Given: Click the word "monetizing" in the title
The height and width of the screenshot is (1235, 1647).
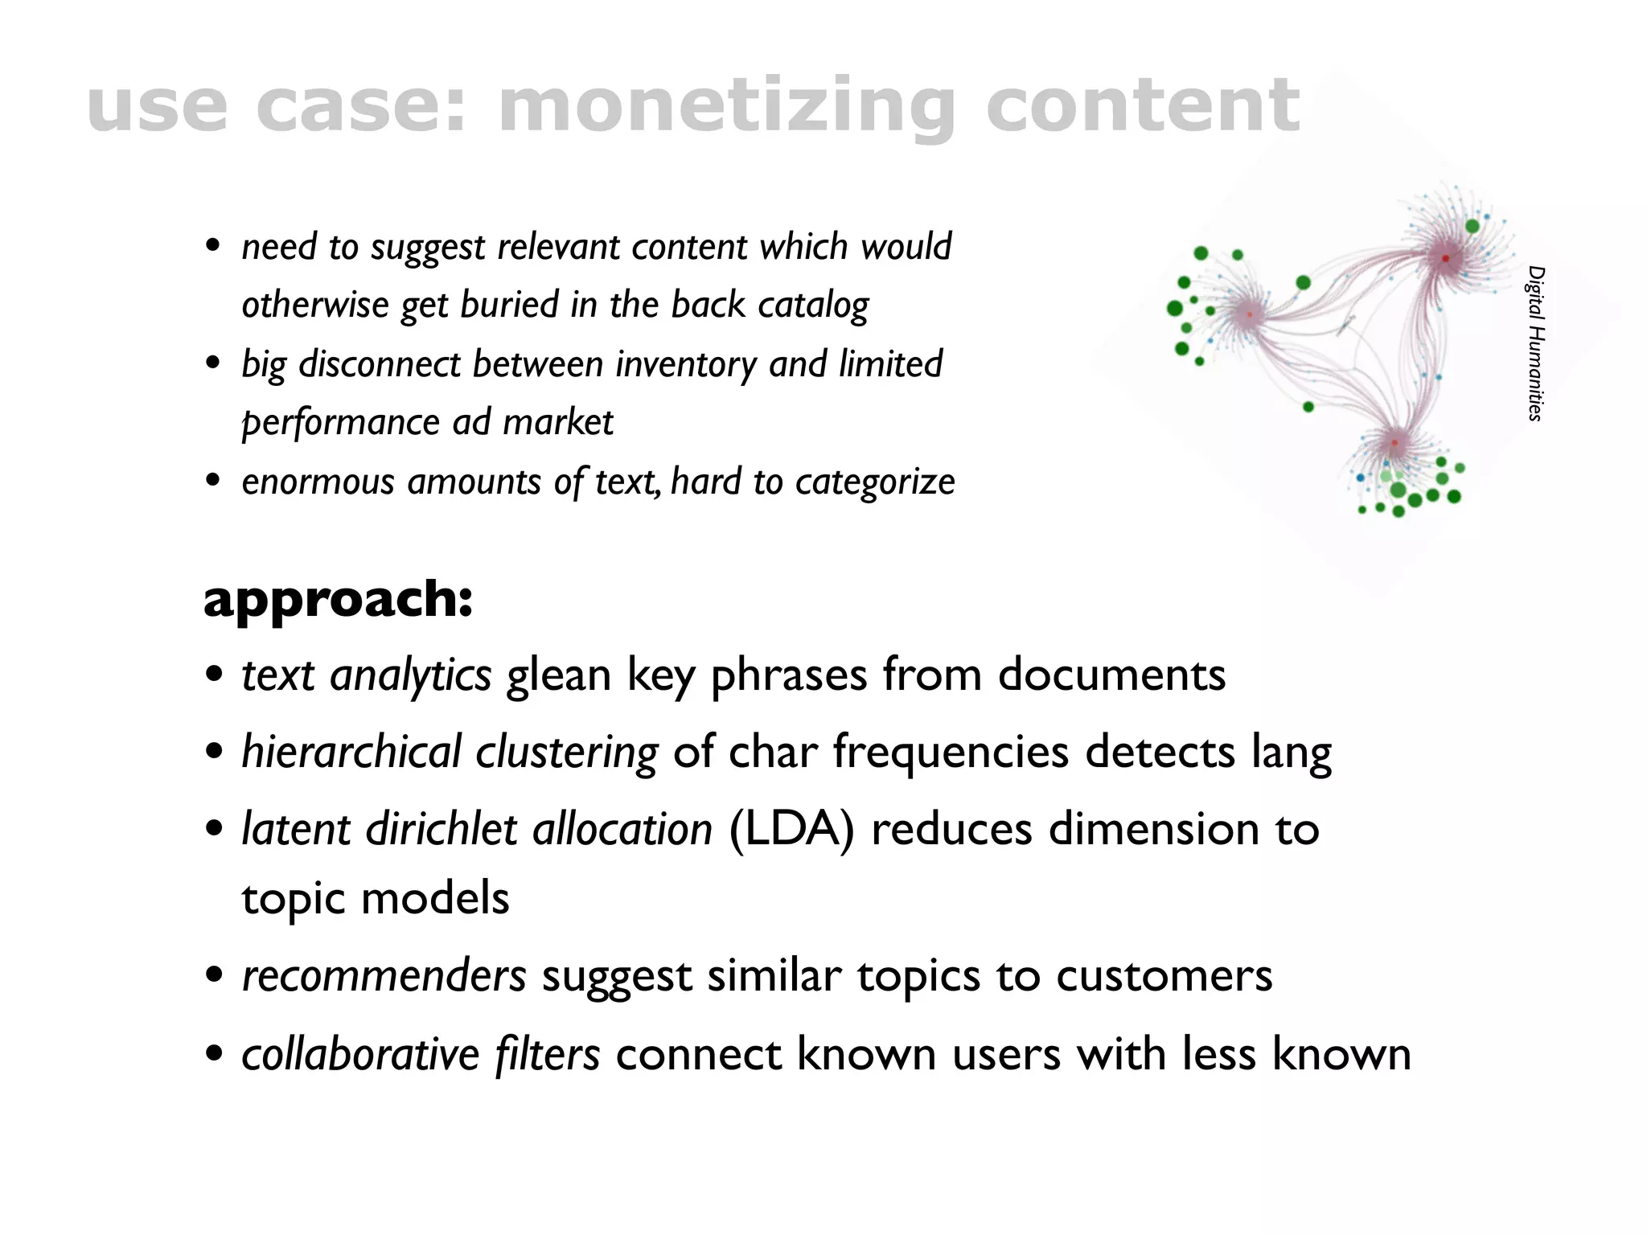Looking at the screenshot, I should [x=727, y=107].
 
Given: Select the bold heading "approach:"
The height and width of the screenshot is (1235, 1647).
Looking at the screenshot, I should [x=338, y=599].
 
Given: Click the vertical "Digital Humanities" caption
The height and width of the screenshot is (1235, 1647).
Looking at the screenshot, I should [x=1535, y=343].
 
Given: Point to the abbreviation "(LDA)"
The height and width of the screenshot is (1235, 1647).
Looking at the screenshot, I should [x=791, y=829].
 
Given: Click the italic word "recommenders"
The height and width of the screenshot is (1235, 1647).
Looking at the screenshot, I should [x=384, y=976].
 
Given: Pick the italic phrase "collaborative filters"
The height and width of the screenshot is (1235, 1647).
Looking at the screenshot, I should [x=421, y=1054].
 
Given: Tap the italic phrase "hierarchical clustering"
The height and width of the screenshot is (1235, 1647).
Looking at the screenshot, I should [x=450, y=753].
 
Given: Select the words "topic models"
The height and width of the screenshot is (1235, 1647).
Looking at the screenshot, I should [x=375, y=898].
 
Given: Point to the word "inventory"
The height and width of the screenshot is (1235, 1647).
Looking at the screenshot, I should [x=686, y=364].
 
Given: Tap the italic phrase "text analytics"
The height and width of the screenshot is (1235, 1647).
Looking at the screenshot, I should [x=367, y=675].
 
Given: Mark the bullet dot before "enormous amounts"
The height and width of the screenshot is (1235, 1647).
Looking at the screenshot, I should [x=213, y=481].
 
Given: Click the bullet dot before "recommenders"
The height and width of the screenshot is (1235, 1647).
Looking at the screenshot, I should [x=214, y=976].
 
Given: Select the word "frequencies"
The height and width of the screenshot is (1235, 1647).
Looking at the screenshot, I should [x=952, y=753].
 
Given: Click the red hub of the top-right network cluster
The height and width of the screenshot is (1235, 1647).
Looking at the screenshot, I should [x=1445, y=258].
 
